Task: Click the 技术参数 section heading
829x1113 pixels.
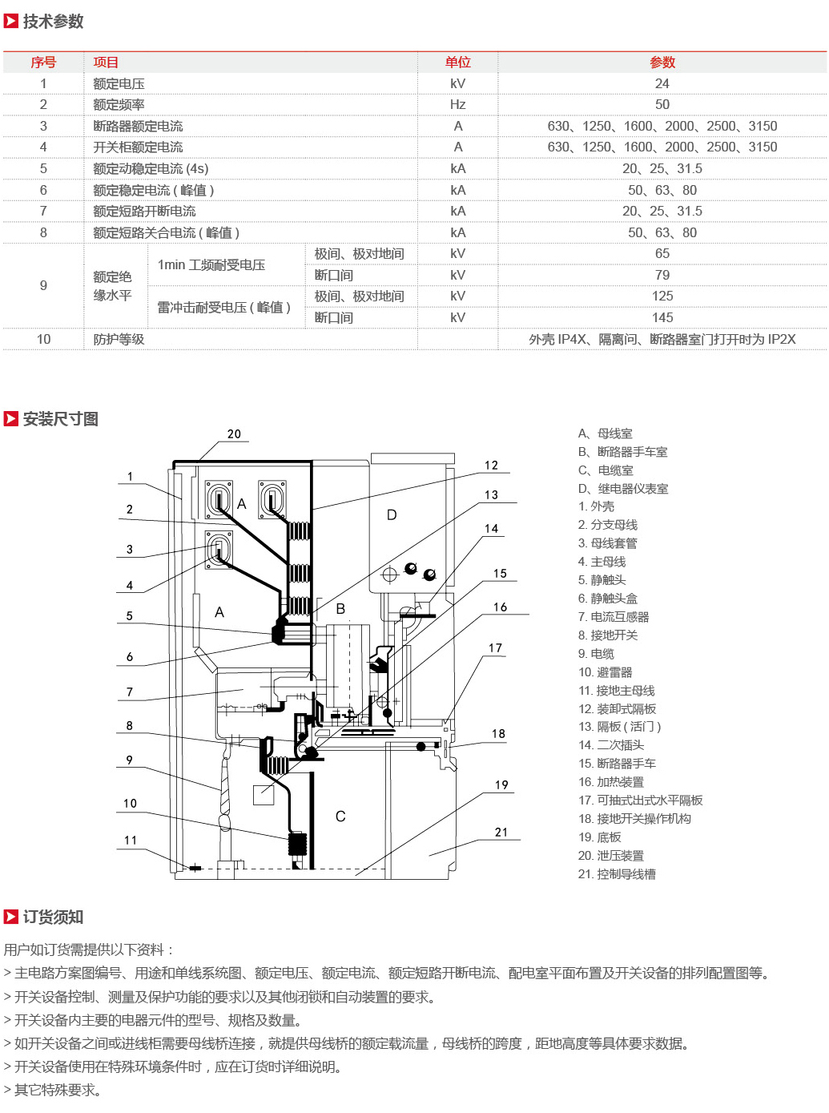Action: point(53,21)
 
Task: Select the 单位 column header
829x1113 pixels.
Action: point(457,63)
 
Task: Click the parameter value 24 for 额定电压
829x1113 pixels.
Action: point(662,84)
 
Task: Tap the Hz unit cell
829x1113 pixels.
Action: point(457,104)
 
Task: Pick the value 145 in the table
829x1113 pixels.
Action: point(662,317)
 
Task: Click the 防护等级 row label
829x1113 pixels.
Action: point(119,339)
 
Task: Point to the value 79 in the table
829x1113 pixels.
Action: point(662,275)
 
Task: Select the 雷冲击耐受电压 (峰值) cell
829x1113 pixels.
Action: point(223,307)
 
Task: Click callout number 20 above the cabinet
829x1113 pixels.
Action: point(234,434)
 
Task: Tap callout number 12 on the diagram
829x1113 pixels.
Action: point(491,466)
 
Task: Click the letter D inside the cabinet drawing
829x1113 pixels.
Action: point(392,515)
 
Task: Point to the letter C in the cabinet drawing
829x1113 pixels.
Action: point(340,817)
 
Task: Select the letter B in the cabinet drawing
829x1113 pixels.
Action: point(340,609)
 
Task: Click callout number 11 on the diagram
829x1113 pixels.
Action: point(131,840)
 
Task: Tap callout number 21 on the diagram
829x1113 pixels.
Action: point(501,832)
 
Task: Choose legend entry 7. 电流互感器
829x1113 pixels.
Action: point(614,617)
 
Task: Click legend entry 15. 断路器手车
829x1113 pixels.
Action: point(618,764)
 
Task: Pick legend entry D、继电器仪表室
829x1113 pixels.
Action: point(623,488)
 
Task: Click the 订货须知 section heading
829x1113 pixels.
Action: point(53,917)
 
